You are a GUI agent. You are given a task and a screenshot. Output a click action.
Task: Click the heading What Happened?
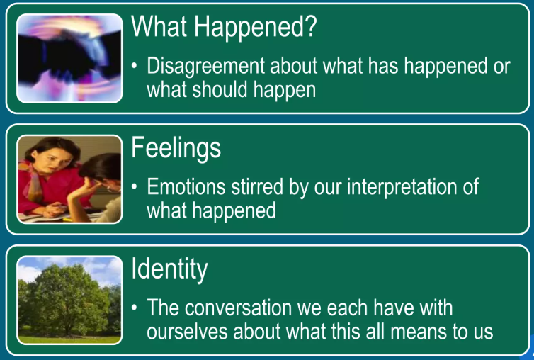[224, 26]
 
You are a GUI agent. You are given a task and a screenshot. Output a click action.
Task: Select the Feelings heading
[176, 149]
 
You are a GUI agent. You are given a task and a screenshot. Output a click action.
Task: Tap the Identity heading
[169, 270]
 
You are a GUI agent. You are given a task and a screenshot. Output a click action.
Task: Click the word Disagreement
[205, 66]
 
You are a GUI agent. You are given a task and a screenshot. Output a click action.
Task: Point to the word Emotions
[186, 186]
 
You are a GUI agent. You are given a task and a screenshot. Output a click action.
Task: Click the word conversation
[238, 308]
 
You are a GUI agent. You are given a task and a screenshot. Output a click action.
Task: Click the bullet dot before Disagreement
[135, 66]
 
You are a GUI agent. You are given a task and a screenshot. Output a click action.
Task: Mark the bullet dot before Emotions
[135, 187]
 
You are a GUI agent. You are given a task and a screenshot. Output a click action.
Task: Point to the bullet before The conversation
[135, 308]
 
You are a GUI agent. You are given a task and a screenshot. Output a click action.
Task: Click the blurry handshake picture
[69, 58]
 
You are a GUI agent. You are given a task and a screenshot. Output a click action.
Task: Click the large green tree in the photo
[67, 298]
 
